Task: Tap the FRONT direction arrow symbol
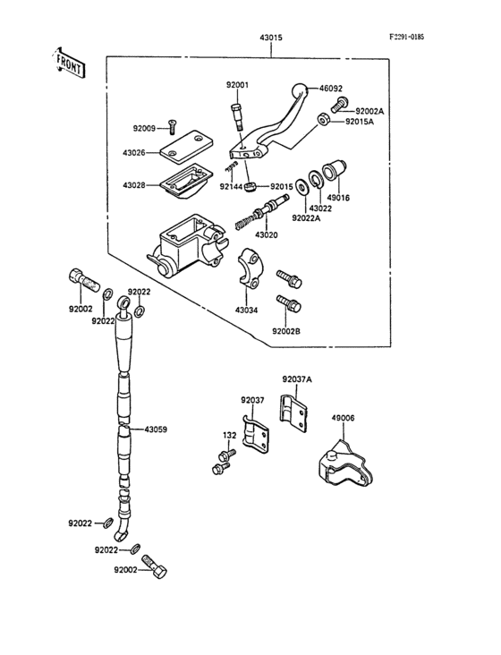[x=68, y=64]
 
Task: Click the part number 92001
[x=237, y=84]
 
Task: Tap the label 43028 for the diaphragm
[x=135, y=185]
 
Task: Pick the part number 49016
[x=338, y=198]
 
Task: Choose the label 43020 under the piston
[x=267, y=234]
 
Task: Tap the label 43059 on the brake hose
[x=155, y=430]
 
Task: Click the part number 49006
[x=343, y=417]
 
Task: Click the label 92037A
[x=297, y=379]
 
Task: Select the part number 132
[x=228, y=435]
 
